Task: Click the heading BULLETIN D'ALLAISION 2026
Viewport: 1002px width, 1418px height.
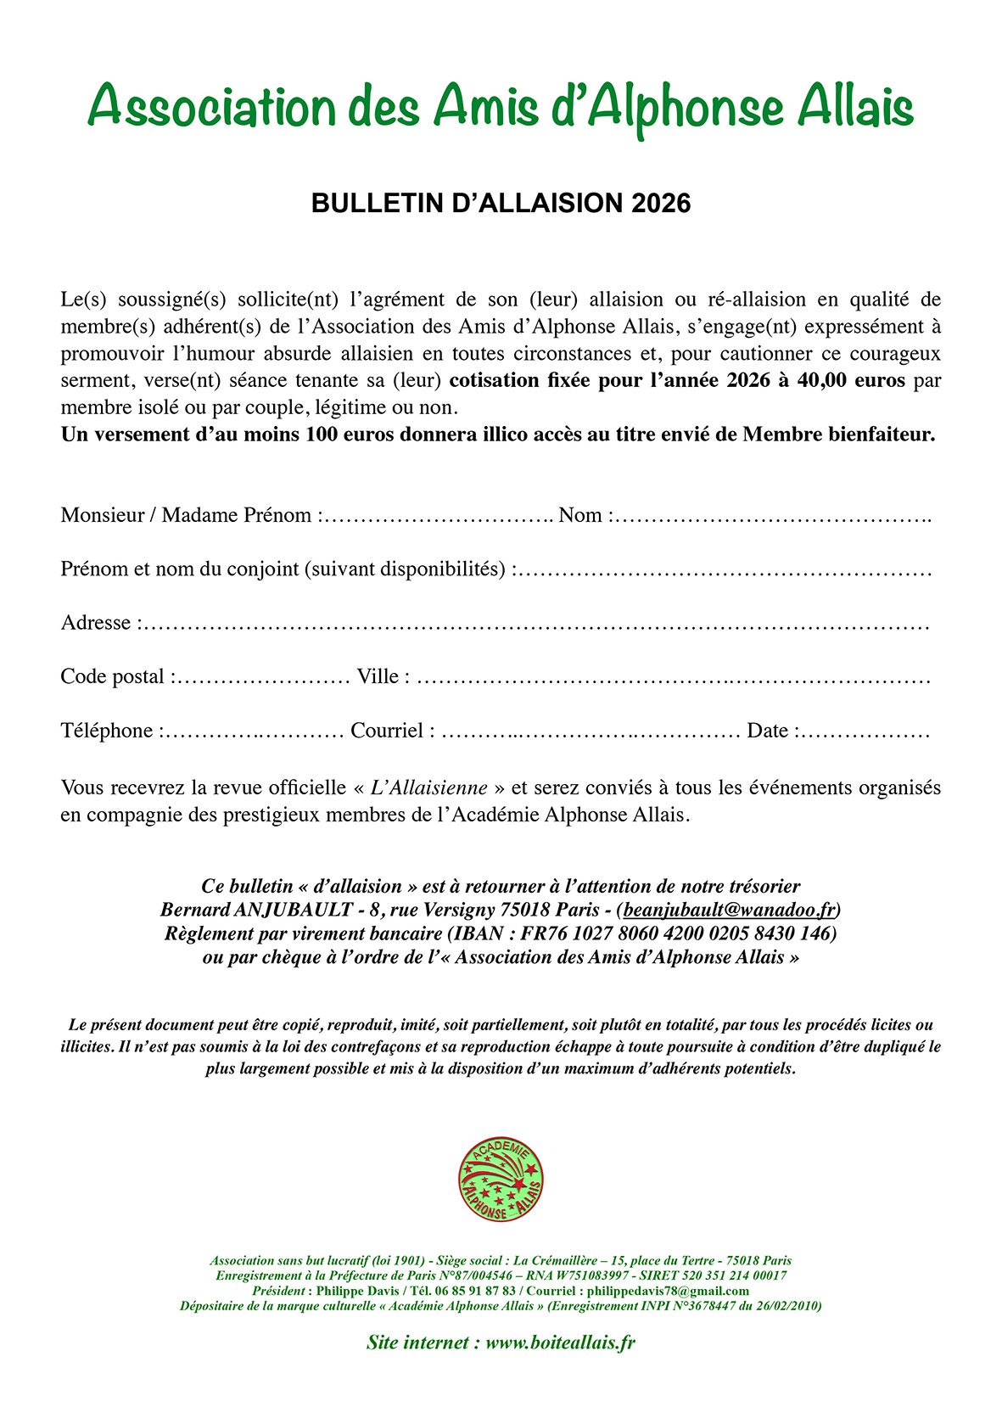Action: pos(501,204)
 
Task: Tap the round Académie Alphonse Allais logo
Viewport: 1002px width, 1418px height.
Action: pos(501,1180)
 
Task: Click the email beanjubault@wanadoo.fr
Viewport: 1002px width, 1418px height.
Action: pos(730,910)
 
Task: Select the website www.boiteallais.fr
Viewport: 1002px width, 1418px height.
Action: pos(560,1342)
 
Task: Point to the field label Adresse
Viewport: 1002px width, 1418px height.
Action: pos(96,623)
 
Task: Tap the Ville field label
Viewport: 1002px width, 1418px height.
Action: pos(378,677)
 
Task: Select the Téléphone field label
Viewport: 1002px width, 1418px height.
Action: pos(107,731)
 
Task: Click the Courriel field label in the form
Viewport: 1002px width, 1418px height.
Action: pos(387,731)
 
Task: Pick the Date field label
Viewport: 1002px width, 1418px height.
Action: pos(767,731)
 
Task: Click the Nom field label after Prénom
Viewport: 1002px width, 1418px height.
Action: pos(580,515)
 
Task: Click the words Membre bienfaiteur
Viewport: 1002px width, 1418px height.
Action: pos(837,434)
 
